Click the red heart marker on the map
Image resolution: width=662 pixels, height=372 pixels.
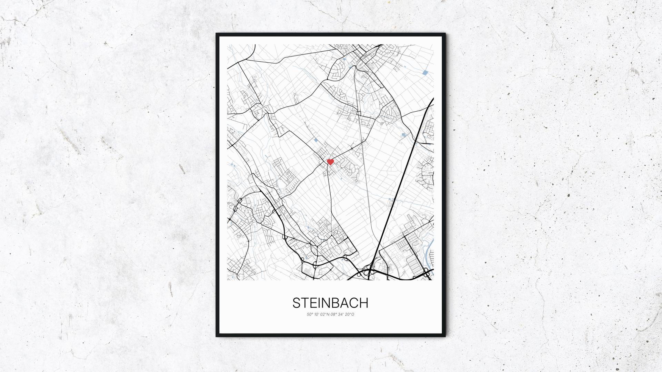point(330,162)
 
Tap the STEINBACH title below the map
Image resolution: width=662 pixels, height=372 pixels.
point(330,303)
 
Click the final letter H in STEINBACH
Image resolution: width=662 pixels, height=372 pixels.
point(364,303)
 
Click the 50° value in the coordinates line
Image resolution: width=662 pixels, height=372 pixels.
point(309,314)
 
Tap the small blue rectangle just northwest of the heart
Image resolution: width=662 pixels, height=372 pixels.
point(316,140)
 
